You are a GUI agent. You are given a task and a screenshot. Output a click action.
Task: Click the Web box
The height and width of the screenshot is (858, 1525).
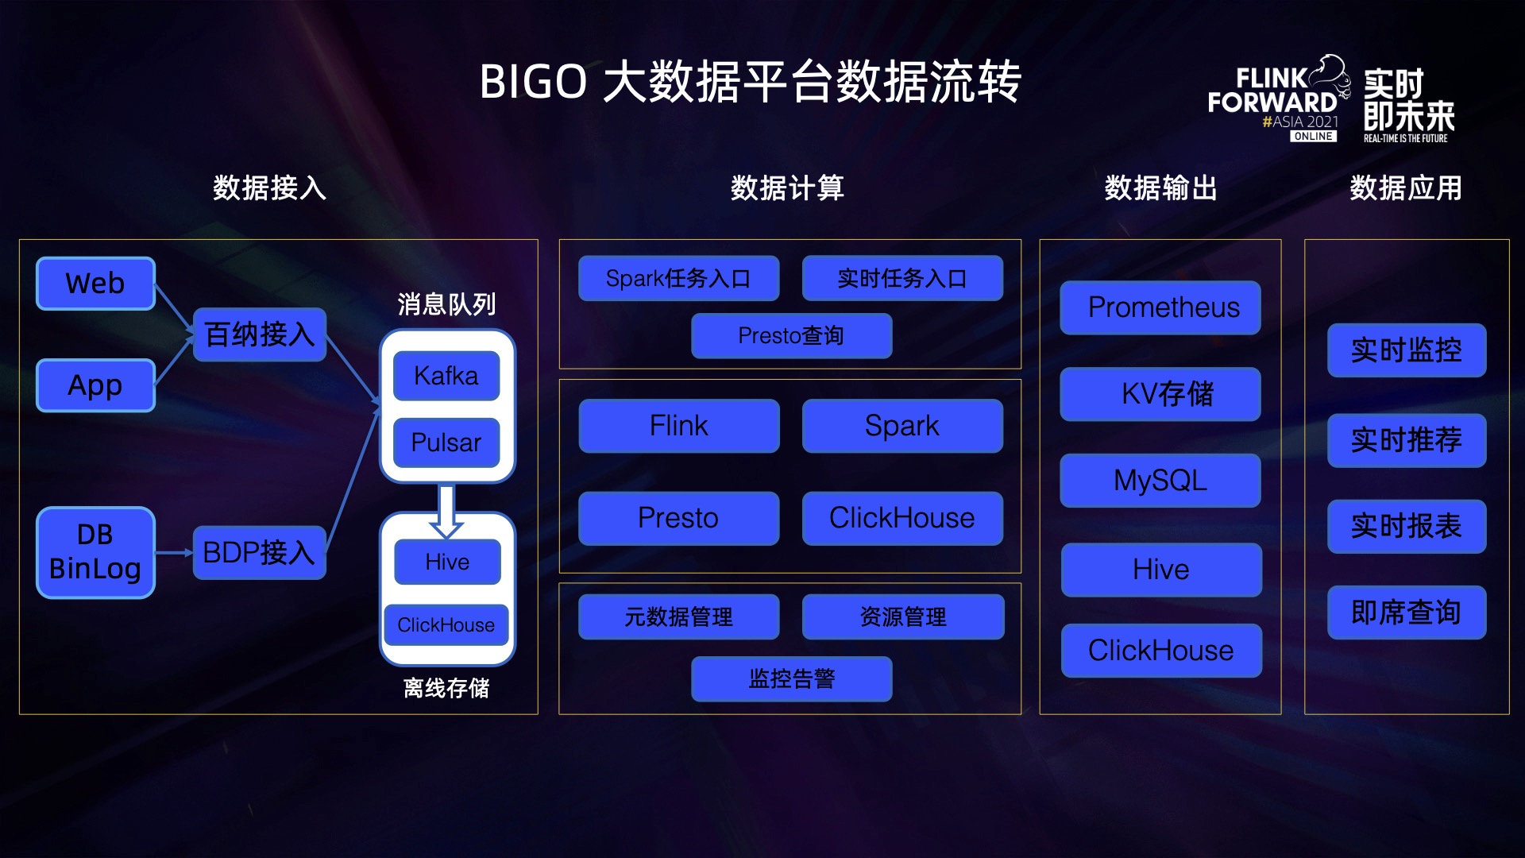coord(95,284)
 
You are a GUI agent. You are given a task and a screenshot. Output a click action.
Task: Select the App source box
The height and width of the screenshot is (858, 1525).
coord(95,385)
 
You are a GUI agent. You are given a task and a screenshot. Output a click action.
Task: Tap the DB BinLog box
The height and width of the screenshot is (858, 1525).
coord(95,552)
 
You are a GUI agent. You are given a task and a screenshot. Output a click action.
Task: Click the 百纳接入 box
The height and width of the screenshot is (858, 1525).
coord(260,334)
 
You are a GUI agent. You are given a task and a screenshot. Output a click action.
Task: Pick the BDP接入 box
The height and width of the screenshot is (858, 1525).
coord(260,552)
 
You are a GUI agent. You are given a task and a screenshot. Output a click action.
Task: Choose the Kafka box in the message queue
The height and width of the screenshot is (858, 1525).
coord(446,376)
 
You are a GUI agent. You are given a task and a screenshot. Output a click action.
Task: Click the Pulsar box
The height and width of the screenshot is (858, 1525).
coord(446,443)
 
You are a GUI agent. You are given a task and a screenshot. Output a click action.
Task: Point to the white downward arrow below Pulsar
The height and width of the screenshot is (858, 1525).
coord(446,511)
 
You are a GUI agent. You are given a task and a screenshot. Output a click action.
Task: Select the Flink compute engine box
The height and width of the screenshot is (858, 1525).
coord(679,426)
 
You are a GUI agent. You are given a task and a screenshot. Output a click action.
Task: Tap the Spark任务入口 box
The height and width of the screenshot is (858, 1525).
coord(679,278)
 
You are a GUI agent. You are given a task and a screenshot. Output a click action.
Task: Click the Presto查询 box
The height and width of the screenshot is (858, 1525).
coord(792,335)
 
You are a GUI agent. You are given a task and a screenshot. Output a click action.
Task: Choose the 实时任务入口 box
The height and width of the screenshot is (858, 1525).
coord(902,278)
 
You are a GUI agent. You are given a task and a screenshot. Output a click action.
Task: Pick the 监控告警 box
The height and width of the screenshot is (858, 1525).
coord(792,678)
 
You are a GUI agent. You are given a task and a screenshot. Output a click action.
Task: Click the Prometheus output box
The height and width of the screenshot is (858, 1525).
coord(1160,307)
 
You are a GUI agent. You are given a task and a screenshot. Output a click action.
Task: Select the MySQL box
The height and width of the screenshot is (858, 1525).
coord(1160,481)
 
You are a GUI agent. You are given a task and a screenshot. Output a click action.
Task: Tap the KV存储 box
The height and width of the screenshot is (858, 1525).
coord(1160,394)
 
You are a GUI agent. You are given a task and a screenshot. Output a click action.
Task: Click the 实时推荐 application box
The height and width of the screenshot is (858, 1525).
coord(1407,440)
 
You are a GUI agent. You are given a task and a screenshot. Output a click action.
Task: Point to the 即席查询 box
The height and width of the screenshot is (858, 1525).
coord(1407,613)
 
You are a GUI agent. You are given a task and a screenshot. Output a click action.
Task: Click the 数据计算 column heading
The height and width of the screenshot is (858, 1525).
coord(787,188)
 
